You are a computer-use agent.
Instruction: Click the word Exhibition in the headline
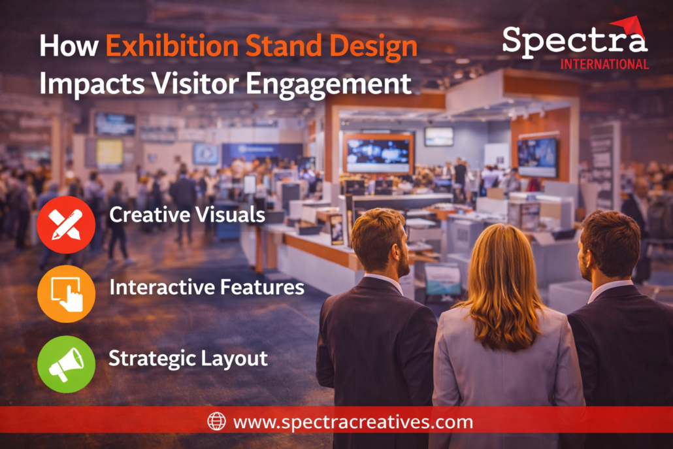click(172, 46)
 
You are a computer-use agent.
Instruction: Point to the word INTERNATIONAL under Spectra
click(604, 65)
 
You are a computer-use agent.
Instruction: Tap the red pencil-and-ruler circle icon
click(66, 225)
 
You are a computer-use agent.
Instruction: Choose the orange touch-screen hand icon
click(66, 294)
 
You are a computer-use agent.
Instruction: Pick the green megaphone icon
click(66, 365)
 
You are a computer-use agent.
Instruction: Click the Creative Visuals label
click(187, 214)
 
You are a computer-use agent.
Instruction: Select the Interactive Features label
click(207, 287)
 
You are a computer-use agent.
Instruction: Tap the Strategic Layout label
click(188, 359)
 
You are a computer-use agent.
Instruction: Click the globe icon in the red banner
click(216, 421)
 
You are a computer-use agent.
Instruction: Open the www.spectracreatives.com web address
click(353, 422)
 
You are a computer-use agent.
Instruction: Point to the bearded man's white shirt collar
click(384, 280)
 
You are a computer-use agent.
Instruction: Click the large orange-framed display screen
click(378, 154)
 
